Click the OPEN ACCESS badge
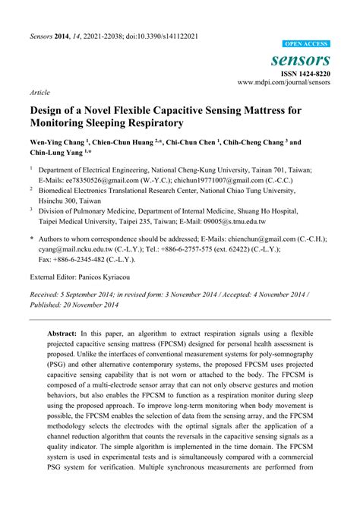pyautogui.click(x=305, y=45)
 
